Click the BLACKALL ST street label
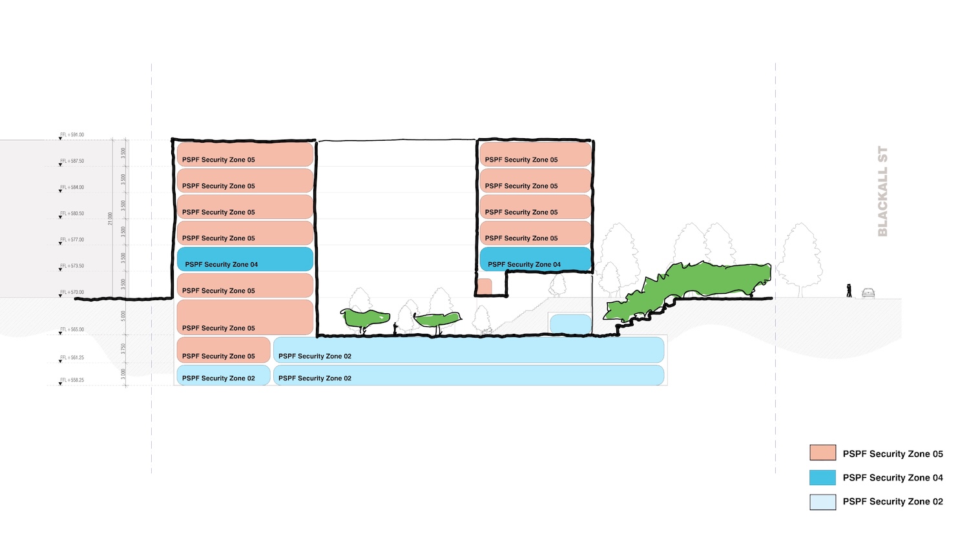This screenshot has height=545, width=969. coord(882,192)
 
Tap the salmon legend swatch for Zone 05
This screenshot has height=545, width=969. coord(822,453)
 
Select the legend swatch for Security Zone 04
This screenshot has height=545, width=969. coord(822,477)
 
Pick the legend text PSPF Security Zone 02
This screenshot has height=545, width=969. coord(892,502)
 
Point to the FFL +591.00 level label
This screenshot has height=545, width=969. coord(72,135)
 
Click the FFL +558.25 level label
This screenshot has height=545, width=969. coord(72,380)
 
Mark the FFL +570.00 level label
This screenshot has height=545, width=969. coord(72,293)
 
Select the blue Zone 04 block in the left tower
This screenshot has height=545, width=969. coord(245,260)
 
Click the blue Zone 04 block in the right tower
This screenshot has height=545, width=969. coord(535,260)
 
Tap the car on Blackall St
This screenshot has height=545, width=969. coord(868,293)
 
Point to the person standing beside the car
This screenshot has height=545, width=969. coord(849,291)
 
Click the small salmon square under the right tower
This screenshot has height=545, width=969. coord(484,286)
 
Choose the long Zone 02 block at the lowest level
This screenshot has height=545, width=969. coord(468,375)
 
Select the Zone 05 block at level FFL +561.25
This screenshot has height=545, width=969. coord(223,350)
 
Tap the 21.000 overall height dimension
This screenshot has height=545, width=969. coord(110,218)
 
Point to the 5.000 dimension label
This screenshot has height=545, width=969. coord(123,316)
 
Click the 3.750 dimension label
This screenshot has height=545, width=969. coord(123,348)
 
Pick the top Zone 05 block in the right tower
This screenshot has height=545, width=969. coord(535,155)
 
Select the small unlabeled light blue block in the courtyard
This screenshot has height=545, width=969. coord(570,324)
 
